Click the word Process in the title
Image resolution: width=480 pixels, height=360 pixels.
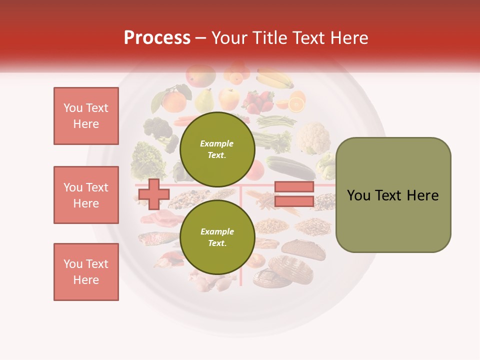point(157,38)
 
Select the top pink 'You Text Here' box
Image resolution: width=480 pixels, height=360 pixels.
point(86,116)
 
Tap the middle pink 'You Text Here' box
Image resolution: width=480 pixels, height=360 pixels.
point(86,195)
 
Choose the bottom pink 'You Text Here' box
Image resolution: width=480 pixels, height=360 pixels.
point(86,272)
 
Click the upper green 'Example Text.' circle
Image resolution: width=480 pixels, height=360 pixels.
point(217,149)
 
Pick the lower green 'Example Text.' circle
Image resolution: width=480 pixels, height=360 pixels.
point(217,237)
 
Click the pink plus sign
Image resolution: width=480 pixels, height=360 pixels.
point(153,194)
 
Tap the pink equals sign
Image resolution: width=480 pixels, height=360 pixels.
point(294,194)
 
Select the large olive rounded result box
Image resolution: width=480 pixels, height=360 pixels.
point(393,195)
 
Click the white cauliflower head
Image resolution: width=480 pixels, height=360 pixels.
point(313,137)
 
